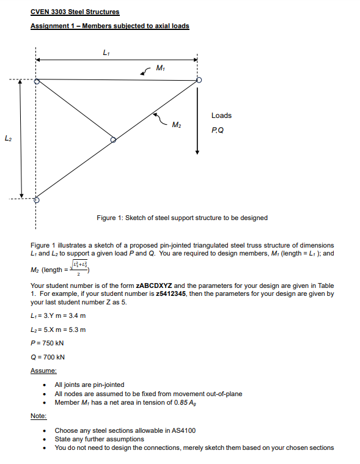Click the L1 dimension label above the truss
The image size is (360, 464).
108,52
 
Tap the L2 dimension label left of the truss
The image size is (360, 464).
7,140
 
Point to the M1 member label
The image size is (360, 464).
160,68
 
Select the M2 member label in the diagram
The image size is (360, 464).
176,125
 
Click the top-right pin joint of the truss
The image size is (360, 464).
197,81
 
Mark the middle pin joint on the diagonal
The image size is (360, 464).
112,140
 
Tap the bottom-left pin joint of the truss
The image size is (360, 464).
36,199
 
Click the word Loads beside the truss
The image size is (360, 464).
221,116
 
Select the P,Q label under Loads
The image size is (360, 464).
217,130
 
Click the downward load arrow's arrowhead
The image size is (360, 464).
197,151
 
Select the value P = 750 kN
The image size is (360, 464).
47,343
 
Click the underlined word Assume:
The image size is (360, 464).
43,370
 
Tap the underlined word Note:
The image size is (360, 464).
38,416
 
